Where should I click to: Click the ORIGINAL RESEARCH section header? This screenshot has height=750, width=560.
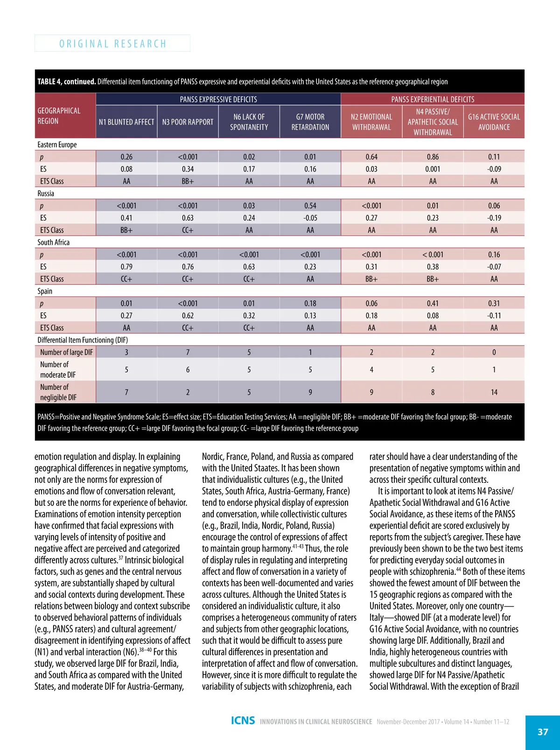[112, 43]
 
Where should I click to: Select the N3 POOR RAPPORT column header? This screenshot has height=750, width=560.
[188, 122]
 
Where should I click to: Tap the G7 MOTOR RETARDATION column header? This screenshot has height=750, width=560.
[310, 122]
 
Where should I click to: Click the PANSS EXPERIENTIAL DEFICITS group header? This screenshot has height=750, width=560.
[433, 99]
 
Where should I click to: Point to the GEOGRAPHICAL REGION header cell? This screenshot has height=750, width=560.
[59, 116]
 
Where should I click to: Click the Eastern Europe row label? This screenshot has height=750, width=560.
[57, 145]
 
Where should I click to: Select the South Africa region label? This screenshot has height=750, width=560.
[53, 242]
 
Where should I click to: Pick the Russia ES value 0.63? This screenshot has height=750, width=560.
[188, 218]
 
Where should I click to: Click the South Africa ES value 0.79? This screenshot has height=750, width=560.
[126, 267]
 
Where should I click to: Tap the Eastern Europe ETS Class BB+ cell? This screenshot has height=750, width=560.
[188, 181]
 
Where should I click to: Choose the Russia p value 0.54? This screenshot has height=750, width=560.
[310, 205]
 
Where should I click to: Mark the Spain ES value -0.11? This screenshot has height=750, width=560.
[494, 315]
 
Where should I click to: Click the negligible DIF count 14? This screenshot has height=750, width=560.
[494, 392]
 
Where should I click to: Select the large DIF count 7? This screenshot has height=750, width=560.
[188, 352]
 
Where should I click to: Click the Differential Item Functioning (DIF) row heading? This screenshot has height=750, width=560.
[83, 340]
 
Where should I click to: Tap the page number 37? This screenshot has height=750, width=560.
[543, 732]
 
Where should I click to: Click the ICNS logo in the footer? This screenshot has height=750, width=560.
[243, 721]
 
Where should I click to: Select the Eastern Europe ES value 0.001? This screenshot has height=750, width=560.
[433, 169]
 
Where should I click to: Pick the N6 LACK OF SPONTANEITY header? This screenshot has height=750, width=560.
[249, 122]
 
